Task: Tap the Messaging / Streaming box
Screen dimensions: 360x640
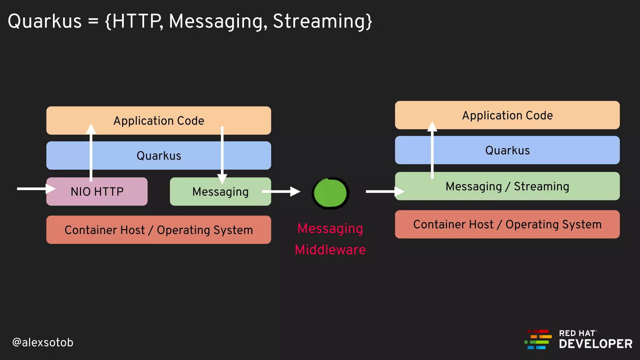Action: click(507, 186)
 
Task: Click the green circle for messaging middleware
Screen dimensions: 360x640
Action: click(330, 193)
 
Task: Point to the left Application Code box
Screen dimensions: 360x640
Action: click(158, 121)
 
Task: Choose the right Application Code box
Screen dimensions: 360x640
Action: click(507, 115)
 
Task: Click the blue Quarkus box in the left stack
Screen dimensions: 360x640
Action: click(158, 156)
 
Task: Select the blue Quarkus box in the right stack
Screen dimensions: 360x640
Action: click(507, 150)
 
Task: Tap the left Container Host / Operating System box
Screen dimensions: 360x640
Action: click(158, 230)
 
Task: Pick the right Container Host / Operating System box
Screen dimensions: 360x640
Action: click(507, 224)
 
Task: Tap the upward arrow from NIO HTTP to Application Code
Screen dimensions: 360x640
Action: click(91, 153)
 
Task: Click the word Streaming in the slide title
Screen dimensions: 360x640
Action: click(322, 21)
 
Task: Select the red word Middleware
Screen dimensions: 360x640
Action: click(330, 250)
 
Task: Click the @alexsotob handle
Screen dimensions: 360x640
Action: click(43, 342)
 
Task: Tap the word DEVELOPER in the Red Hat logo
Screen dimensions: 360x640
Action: click(595, 344)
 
